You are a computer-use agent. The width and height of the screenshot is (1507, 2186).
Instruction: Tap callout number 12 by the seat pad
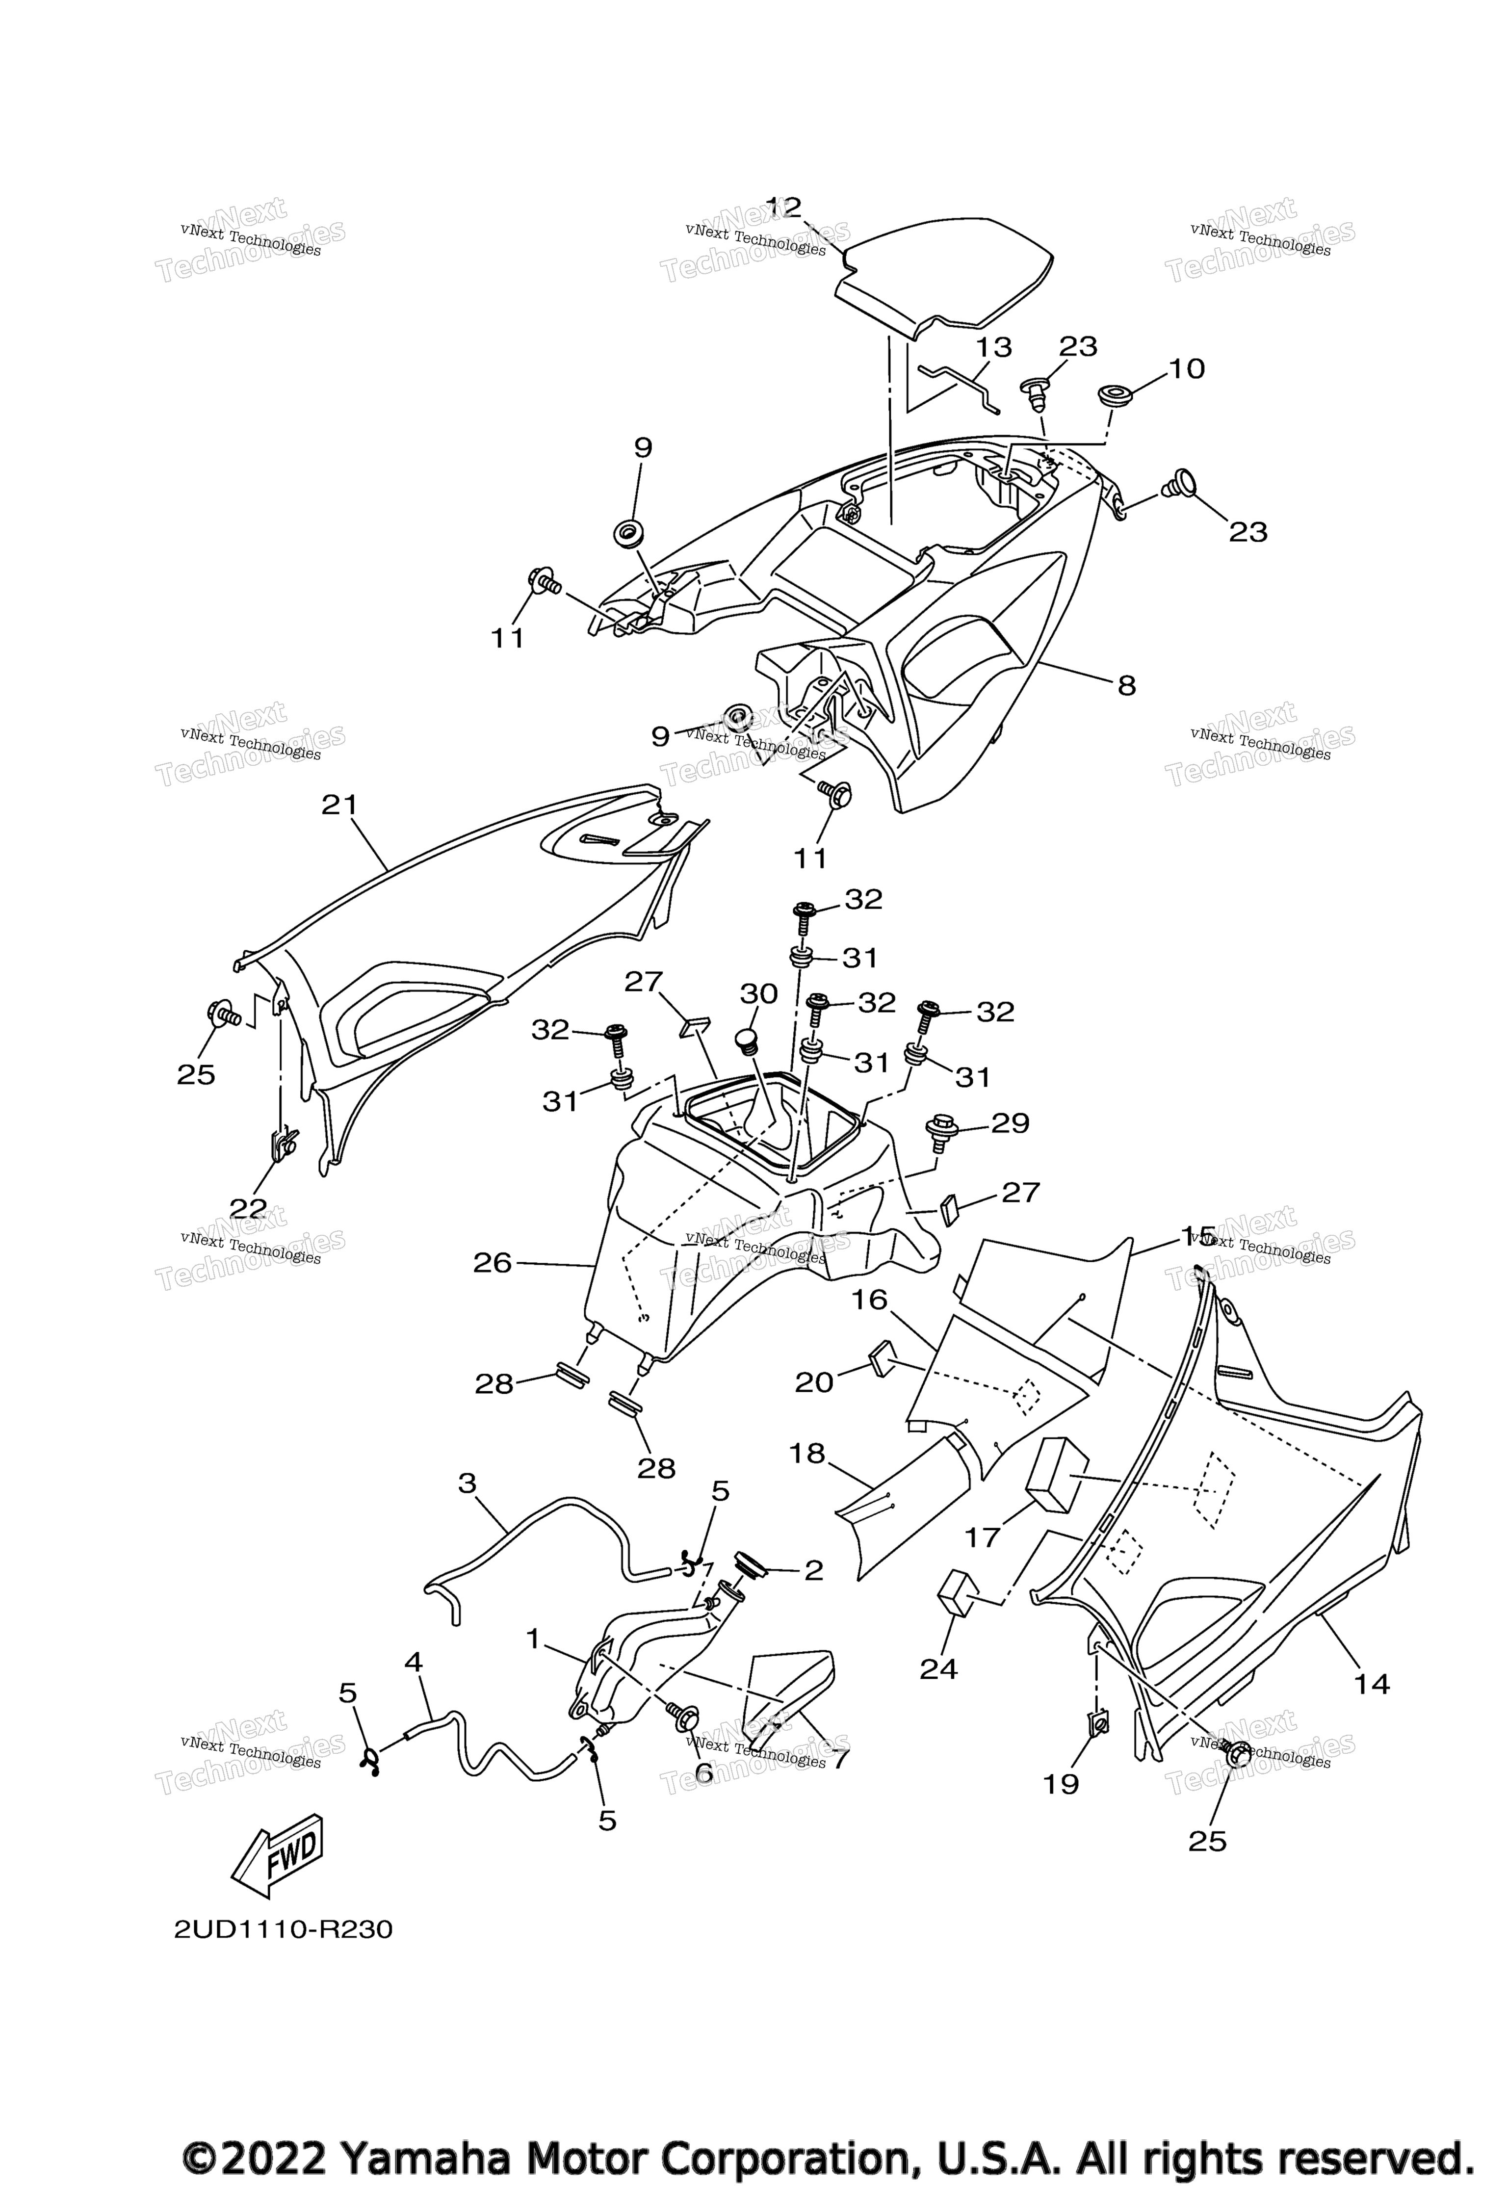pos(783,208)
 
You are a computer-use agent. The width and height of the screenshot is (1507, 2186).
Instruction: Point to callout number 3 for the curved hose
pos(467,1483)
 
